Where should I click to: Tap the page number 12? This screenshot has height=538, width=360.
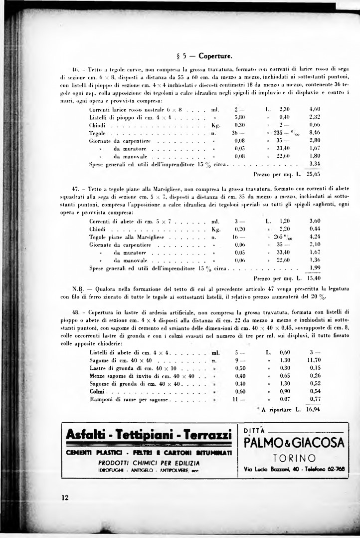tap(65, 497)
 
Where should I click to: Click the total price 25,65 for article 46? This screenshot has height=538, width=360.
tap(314, 174)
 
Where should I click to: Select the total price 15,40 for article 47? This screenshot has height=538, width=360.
tap(314, 278)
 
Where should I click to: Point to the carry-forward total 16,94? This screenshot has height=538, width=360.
tap(314, 409)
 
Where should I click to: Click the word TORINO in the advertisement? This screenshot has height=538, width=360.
tap(294, 458)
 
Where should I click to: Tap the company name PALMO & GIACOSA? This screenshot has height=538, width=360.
tap(294, 443)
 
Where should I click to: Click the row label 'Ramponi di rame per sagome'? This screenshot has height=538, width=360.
tap(129, 400)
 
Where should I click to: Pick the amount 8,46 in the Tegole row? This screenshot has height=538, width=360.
tap(315, 133)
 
